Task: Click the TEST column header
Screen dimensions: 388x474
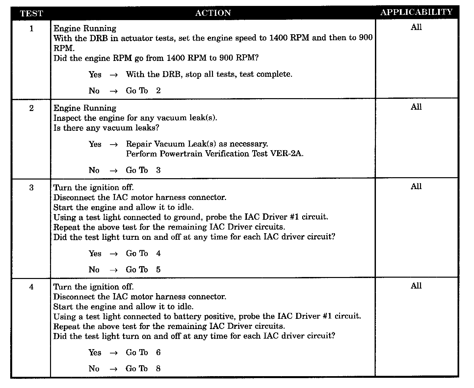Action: [x=31, y=14]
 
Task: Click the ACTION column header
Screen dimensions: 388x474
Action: [x=213, y=13]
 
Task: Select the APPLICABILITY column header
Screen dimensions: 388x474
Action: [x=416, y=12]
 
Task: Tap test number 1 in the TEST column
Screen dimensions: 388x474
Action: [x=32, y=29]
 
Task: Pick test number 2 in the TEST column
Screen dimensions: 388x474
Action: [x=32, y=108]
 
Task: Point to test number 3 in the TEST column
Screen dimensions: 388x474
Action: [x=32, y=188]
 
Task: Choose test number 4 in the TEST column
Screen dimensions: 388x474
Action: [x=32, y=287]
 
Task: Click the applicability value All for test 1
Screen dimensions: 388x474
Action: [x=416, y=27]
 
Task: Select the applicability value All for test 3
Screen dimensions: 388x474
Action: [x=416, y=187]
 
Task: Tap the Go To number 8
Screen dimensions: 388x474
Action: [x=158, y=369]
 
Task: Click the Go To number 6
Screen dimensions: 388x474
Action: [x=158, y=352]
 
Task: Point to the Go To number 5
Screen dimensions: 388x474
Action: [x=158, y=270]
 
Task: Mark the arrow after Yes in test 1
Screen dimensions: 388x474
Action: [x=114, y=75]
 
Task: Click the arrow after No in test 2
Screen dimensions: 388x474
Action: [x=114, y=171]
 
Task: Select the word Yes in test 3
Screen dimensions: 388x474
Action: [x=95, y=254]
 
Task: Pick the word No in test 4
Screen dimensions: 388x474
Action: [x=94, y=369]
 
